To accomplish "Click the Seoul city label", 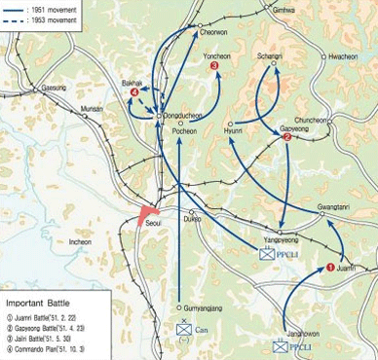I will tap(154, 223).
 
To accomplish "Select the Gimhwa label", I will tap(283, 22).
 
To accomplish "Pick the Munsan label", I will tap(91, 109).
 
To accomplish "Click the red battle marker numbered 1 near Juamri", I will tap(329, 267).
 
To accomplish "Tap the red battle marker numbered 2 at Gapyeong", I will tap(285, 137).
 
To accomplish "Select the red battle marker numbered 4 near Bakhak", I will tap(133, 92).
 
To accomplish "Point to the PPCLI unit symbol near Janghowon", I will tap(281, 344).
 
